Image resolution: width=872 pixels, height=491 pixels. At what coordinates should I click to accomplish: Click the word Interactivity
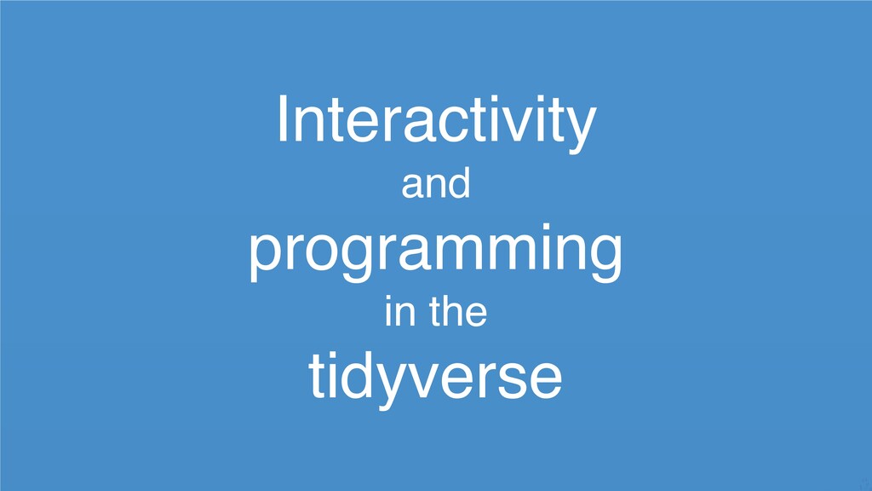click(x=437, y=123)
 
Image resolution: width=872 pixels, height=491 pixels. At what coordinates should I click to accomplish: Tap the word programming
click(x=435, y=252)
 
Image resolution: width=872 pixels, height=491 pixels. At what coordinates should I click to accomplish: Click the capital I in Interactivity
click(x=282, y=118)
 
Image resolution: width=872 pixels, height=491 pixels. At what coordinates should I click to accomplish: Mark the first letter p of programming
click(x=267, y=259)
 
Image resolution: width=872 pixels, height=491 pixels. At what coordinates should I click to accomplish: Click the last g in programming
click(x=605, y=259)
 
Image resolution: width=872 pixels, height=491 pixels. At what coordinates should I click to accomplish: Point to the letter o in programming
click(x=323, y=252)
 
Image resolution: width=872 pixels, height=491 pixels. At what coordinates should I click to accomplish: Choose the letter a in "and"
click(x=413, y=187)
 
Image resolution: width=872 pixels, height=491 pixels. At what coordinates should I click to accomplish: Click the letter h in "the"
click(x=454, y=310)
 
